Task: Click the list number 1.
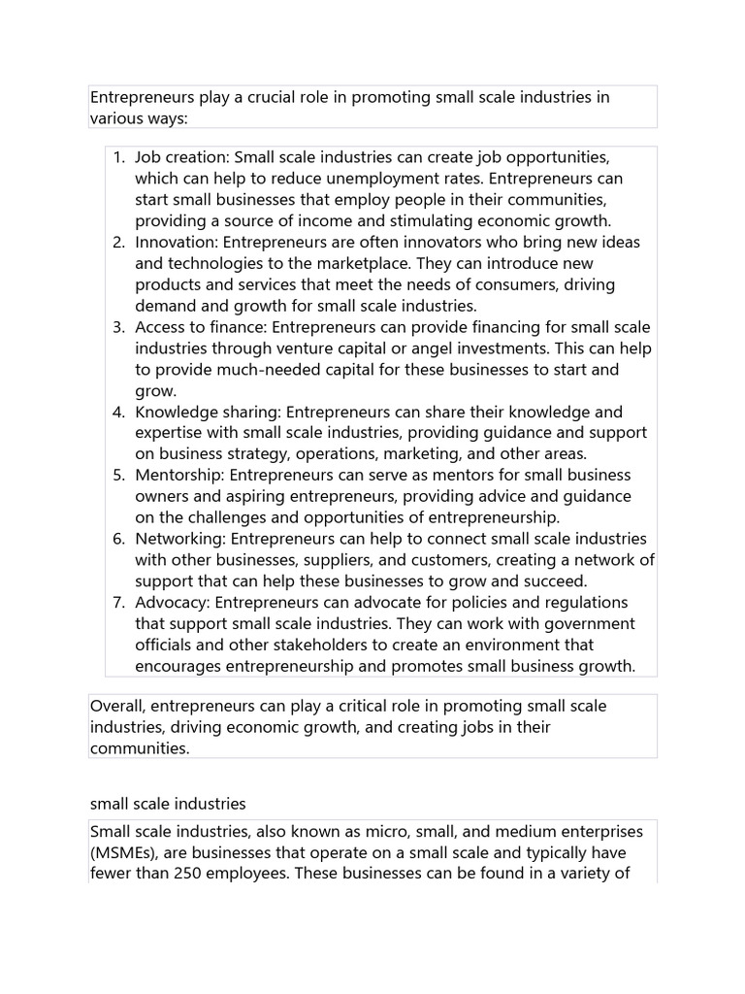point(117,157)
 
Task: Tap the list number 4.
point(117,413)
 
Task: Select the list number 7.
point(117,603)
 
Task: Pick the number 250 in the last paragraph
point(189,874)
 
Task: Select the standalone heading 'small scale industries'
point(168,804)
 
